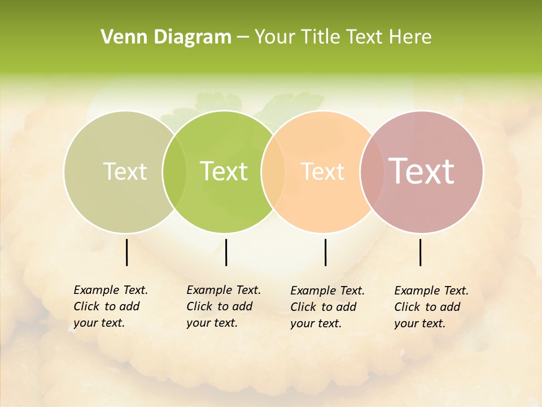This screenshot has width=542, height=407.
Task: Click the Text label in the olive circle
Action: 125,171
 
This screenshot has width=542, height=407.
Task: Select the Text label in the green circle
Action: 224,171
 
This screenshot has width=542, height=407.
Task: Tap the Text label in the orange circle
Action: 323,171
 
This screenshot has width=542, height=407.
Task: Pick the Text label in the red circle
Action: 422,171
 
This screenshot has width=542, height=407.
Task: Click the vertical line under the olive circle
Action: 126,252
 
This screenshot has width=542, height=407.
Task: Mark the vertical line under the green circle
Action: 226,252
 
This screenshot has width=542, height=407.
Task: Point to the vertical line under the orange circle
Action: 325,252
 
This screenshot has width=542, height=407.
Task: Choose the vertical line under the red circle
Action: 420,252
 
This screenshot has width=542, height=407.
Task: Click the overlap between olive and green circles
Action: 174,171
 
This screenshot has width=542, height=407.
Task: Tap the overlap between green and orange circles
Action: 273,171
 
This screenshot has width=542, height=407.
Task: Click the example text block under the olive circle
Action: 111,306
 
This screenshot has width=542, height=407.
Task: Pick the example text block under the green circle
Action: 224,306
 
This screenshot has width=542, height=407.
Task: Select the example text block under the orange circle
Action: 327,307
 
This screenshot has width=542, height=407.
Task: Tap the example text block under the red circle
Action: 431,307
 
